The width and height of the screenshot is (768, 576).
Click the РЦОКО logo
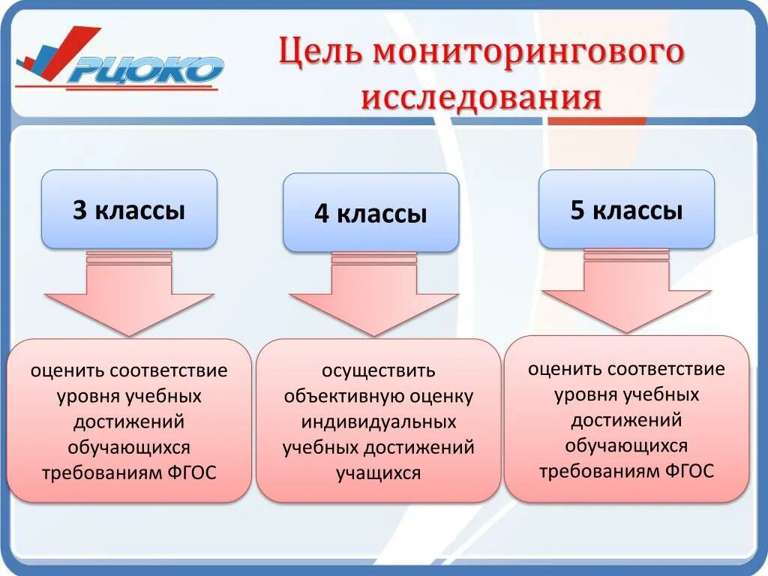pyautogui.click(x=120, y=61)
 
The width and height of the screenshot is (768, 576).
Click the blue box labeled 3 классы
pyautogui.click(x=129, y=209)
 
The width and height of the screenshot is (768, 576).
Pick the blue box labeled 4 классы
pyautogui.click(x=370, y=213)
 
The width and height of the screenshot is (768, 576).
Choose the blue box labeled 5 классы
pyautogui.click(x=626, y=209)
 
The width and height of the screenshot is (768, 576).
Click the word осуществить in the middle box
pyautogui.click(x=378, y=370)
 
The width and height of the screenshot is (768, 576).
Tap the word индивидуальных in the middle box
pyautogui.click(x=378, y=422)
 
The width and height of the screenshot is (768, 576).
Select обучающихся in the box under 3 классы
pyautogui.click(x=129, y=448)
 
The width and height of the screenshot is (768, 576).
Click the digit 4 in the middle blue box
pyautogui.click(x=322, y=214)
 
